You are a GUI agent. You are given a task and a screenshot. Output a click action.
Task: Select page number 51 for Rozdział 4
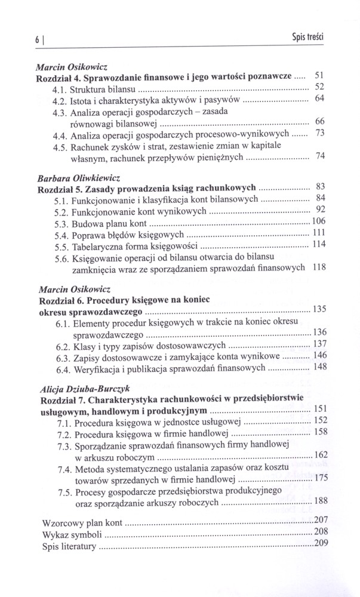319,76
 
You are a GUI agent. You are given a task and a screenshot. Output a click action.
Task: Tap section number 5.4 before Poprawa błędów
62,234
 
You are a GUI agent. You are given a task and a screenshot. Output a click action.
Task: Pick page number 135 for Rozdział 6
319,309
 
